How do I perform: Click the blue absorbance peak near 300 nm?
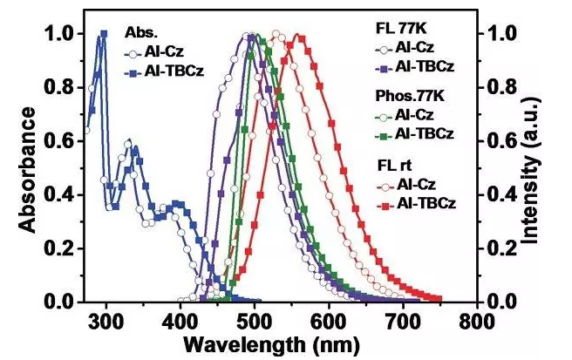coord(104,35)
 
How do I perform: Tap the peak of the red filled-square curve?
coord(299,37)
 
